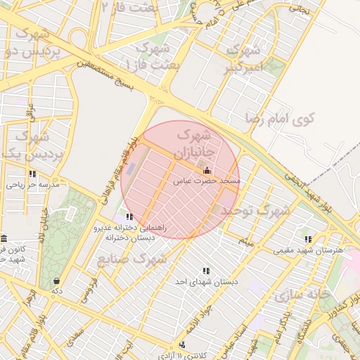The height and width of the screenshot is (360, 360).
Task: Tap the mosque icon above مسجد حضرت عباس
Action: tap(206, 170)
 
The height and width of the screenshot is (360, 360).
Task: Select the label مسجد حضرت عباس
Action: tap(207, 181)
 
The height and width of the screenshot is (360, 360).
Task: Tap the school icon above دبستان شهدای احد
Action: tap(206, 271)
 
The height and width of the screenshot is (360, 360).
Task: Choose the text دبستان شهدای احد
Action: tap(207, 281)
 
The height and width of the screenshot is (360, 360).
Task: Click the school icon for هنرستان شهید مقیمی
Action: tap(308, 239)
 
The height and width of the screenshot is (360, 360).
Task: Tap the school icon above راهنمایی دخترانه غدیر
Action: tap(128, 217)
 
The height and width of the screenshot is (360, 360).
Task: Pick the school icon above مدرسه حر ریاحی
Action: tap(32, 174)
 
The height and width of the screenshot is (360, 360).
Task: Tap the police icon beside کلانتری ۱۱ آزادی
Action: tap(183, 345)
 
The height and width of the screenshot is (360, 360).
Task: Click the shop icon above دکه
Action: tap(56, 281)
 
